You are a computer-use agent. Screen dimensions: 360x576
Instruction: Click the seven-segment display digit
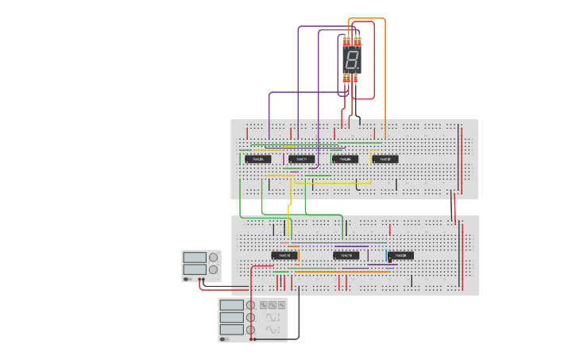click(351, 60)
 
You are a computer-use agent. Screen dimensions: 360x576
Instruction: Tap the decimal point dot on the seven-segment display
click(359, 69)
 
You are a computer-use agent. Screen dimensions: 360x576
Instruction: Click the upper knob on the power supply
click(212, 257)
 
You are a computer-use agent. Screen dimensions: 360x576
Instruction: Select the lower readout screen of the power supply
click(194, 269)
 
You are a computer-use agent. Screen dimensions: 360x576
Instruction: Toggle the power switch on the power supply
click(187, 279)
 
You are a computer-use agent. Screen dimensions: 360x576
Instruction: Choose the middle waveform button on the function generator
click(273, 305)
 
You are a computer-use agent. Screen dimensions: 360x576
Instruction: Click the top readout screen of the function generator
click(232, 305)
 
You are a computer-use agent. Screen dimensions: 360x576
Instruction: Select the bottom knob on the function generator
click(250, 329)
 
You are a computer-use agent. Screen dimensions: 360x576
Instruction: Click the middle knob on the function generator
click(250, 317)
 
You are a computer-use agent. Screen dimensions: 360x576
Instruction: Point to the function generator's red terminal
click(252, 339)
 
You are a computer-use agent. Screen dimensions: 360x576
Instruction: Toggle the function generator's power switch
click(224, 339)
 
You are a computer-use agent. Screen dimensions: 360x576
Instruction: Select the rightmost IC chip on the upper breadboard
click(385, 159)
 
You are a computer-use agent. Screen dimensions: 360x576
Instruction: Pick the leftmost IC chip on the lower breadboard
click(285, 255)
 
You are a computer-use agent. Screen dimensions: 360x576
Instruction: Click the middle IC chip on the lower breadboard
click(346, 255)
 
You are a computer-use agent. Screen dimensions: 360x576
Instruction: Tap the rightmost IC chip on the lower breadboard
click(400, 255)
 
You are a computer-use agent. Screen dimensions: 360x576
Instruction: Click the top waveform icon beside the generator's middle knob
click(273, 317)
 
